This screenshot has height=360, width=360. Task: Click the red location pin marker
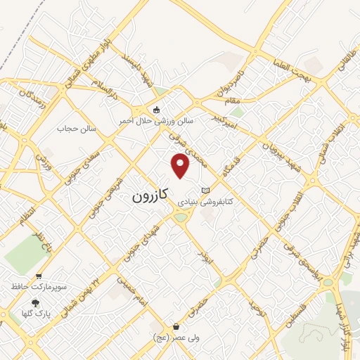181,166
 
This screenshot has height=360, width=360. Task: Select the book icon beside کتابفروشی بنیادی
205,191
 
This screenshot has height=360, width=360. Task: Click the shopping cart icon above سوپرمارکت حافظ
39,276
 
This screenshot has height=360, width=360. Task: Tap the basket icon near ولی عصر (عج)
176,327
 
